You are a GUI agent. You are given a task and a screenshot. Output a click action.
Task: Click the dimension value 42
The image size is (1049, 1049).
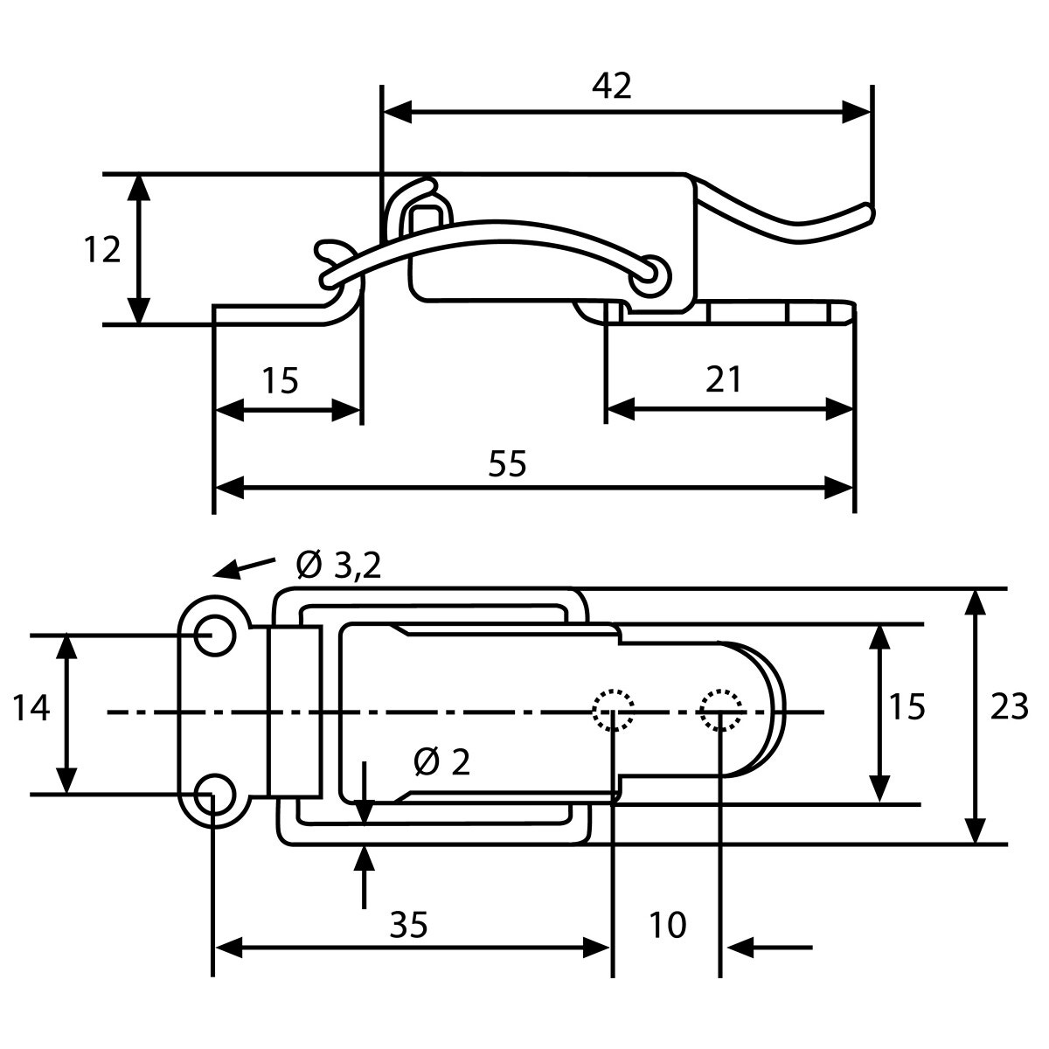click(611, 86)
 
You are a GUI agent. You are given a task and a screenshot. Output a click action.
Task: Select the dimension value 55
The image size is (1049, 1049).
click(508, 463)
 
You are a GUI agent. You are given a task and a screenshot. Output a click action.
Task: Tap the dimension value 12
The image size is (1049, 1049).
click(102, 250)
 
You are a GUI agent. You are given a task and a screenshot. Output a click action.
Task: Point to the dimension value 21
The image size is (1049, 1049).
click(723, 380)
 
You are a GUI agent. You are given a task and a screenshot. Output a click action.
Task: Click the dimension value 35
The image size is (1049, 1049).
click(409, 924)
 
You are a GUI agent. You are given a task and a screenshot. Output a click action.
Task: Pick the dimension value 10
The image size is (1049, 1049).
click(668, 924)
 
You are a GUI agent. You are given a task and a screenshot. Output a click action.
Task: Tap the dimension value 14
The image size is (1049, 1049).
click(31, 708)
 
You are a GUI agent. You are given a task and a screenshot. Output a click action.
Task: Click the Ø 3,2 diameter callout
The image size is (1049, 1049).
click(339, 566)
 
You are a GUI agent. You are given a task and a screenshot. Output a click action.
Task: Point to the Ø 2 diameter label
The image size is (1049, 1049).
click(442, 763)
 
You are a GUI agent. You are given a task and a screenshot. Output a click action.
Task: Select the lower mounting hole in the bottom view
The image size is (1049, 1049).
click(212, 794)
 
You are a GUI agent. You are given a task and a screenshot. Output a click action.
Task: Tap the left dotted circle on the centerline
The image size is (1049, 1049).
click(613, 710)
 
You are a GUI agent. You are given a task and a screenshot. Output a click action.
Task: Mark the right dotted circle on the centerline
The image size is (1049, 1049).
click(720, 710)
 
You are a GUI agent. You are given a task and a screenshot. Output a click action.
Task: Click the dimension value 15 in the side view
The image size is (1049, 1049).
click(280, 380)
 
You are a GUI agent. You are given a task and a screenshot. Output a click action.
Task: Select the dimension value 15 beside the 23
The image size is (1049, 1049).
click(908, 706)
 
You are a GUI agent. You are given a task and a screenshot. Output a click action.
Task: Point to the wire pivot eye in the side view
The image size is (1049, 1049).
click(650, 273)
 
